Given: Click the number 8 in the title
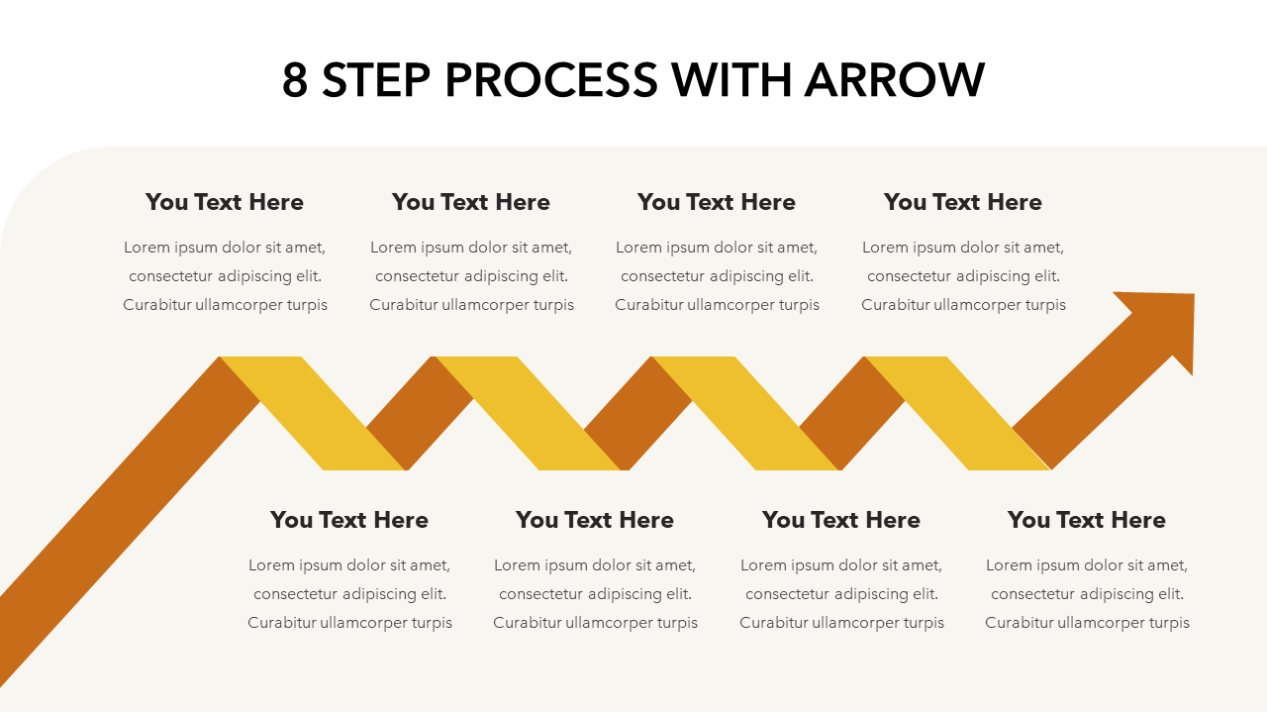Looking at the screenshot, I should pos(295,80).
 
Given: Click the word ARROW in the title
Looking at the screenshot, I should pos(895,80).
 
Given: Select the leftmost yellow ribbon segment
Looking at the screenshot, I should pos(313,413).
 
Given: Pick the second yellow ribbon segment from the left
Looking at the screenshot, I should pos(529,413).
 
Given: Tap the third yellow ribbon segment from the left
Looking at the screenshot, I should pos(745,413).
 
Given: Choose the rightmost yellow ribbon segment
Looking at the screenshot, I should pos(958,413).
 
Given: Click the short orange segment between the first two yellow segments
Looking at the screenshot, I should pos(420,413).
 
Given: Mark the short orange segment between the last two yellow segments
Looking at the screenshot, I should pos(852,413).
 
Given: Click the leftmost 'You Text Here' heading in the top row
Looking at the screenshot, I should pos(225,202).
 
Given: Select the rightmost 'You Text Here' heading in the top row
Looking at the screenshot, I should pos(963,202).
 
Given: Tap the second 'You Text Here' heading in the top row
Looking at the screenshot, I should pos(471,202).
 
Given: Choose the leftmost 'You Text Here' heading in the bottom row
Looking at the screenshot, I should pos(349,520).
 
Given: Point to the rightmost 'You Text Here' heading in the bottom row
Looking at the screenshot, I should pos(1087,520).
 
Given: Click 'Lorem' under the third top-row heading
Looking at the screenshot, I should pos(638,248).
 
